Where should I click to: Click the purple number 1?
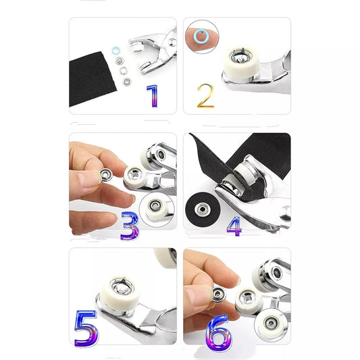tap(153, 96)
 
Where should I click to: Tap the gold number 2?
tap(205, 96)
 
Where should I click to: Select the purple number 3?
tap(130, 226)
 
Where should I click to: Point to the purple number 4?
tap(234, 226)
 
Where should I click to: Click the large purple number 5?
tap(86, 329)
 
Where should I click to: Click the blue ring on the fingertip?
tap(201, 36)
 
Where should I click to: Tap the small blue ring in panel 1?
tap(116, 51)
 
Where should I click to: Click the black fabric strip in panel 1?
tap(91, 79)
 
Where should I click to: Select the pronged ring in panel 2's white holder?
tap(241, 57)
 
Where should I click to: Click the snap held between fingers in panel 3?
tap(105, 175)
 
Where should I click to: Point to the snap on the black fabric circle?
tap(202, 209)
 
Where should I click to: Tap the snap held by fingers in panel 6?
tap(219, 294)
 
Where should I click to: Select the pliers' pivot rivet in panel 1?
tap(172, 42)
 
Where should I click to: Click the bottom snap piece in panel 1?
tap(126, 82)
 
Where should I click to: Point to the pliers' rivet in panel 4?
tap(285, 213)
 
